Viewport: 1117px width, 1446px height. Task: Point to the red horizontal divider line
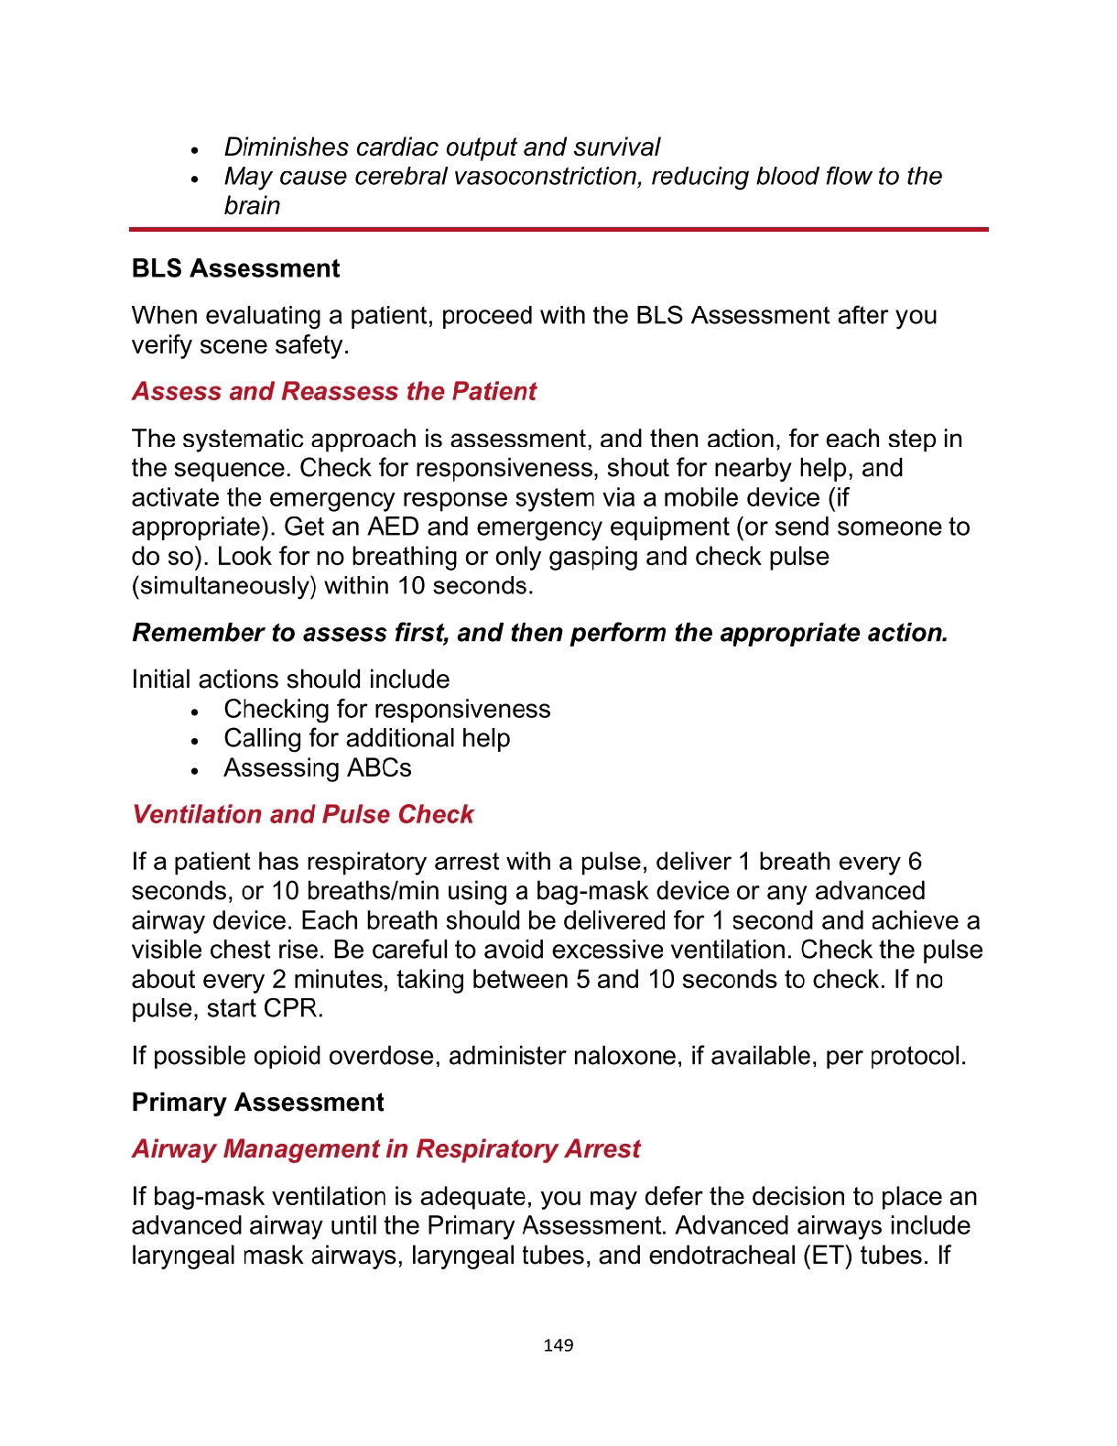[x=558, y=229]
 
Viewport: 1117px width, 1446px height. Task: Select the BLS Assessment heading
[x=235, y=269]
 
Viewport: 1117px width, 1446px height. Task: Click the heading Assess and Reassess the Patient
[x=334, y=392]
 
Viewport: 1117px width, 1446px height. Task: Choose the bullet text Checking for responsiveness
[x=387, y=710]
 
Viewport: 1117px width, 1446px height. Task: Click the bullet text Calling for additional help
[x=367, y=739]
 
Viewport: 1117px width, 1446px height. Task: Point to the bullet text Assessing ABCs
[x=318, y=768]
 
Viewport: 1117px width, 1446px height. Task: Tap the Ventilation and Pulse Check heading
[x=303, y=815]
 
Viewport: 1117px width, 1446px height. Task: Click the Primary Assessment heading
[x=257, y=1103]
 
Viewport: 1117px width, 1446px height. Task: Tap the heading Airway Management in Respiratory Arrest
[x=386, y=1149]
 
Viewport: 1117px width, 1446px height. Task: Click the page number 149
[x=558, y=1345]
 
